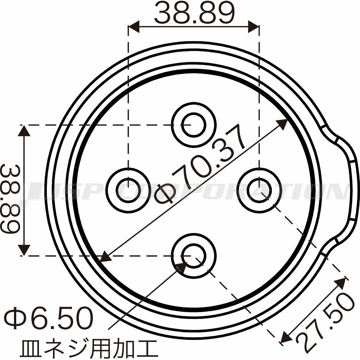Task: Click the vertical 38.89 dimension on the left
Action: click(11, 199)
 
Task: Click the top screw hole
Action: click(194, 125)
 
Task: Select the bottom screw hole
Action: click(194, 256)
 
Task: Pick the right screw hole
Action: click(260, 190)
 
